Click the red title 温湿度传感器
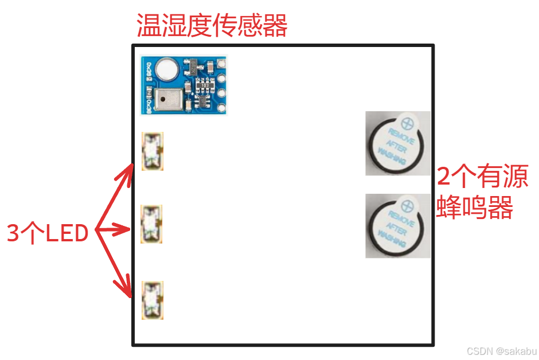[212, 26]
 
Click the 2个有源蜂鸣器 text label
[482, 193]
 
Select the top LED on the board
[153, 151]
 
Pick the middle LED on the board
[152, 224]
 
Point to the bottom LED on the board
[153, 299]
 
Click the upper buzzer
[397, 143]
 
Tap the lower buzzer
[397, 226]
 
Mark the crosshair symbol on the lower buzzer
[408, 205]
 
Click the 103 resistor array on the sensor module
[205, 85]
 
